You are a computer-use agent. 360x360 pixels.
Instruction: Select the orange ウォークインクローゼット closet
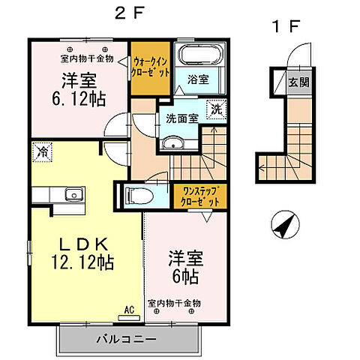pos(150,68)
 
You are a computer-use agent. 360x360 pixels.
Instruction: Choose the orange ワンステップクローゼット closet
pos(198,196)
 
